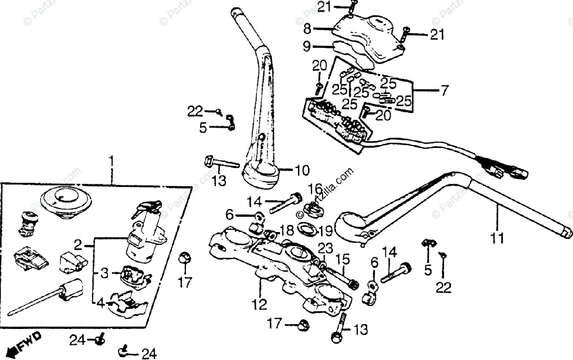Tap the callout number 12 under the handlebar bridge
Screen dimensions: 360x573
pos(261,304)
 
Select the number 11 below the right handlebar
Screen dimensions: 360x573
pos(498,237)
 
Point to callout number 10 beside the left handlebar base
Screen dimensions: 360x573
pos(301,170)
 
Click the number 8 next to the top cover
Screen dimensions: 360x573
pos(307,29)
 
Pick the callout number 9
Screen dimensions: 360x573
pos(307,46)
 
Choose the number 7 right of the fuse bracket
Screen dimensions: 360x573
pos(445,90)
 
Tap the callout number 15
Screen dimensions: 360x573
pos(342,261)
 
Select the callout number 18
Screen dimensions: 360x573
pos(286,231)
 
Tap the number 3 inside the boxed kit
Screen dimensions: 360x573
pos(105,274)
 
